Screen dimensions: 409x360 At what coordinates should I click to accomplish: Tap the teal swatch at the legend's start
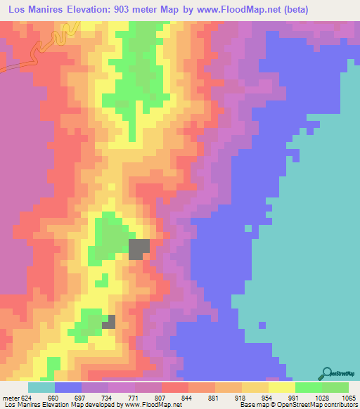(41, 387)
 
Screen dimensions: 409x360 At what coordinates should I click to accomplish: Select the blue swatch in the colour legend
(68, 387)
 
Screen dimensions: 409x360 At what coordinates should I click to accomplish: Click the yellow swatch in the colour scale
(282, 387)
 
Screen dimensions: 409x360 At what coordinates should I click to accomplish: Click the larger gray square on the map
(139, 249)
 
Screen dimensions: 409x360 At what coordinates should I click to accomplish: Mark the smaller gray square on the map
(109, 322)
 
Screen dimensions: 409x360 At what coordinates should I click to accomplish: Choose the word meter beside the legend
(11, 397)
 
